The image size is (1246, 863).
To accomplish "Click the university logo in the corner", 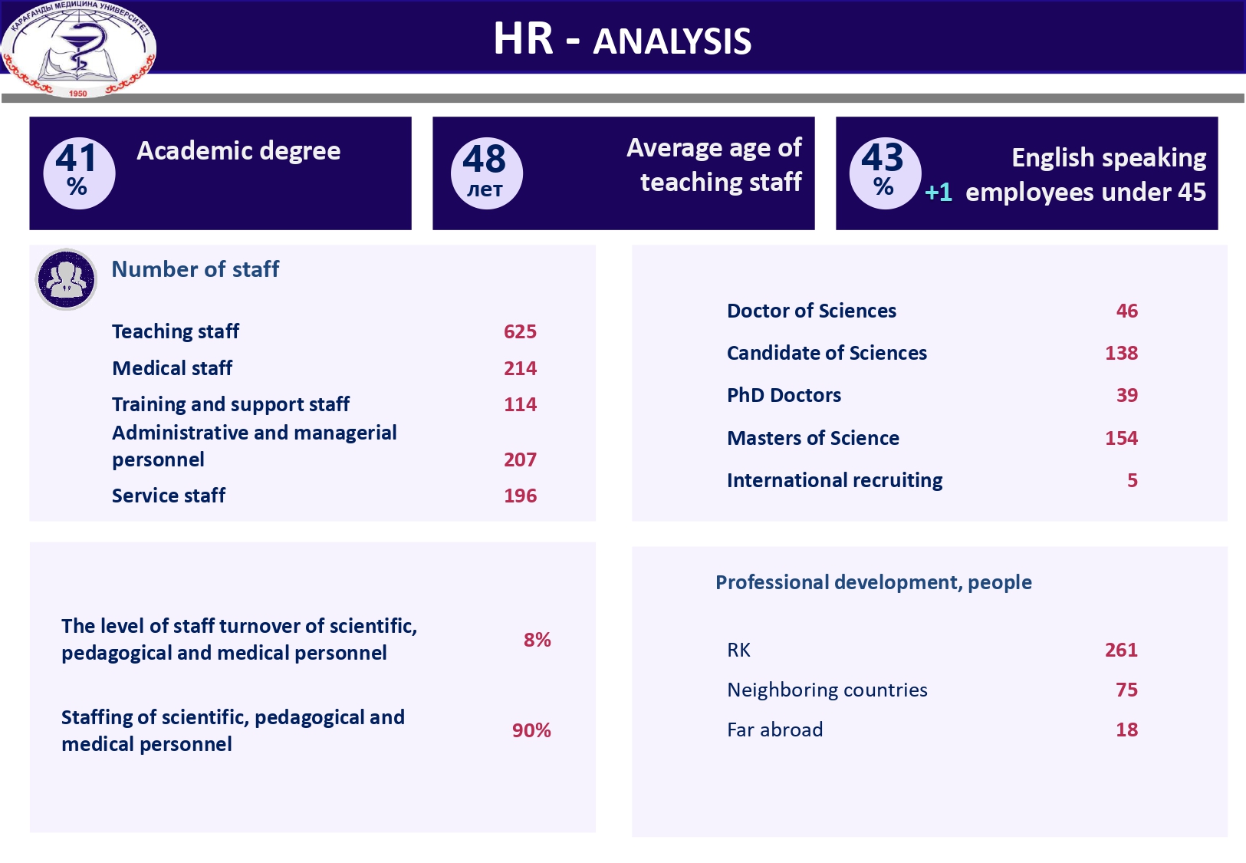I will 78,49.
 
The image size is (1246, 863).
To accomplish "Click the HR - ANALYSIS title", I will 622,39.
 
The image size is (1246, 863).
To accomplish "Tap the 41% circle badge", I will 78,173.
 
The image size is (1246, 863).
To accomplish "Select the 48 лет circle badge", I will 485,173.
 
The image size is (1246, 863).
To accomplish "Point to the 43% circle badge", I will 884,173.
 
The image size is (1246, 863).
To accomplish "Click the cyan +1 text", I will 939,192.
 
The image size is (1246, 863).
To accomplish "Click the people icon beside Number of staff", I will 67,279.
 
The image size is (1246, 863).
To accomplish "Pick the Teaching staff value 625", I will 520,331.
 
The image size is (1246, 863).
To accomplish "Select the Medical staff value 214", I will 520,368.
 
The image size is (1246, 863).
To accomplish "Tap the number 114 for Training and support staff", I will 520,404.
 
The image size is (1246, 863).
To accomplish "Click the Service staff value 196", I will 520,496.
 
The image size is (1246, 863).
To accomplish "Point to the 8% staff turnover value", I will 537,640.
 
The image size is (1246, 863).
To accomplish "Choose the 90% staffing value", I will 531,730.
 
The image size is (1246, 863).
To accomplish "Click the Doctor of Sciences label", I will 811,311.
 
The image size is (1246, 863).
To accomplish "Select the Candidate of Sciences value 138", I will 1121,353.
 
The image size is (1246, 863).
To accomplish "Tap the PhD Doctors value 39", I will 1126,395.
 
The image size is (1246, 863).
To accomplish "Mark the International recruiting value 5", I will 1132,480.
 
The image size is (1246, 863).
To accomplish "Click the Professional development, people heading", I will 873,582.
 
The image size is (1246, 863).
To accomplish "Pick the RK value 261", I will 1121,650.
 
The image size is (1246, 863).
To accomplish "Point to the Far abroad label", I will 774,730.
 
